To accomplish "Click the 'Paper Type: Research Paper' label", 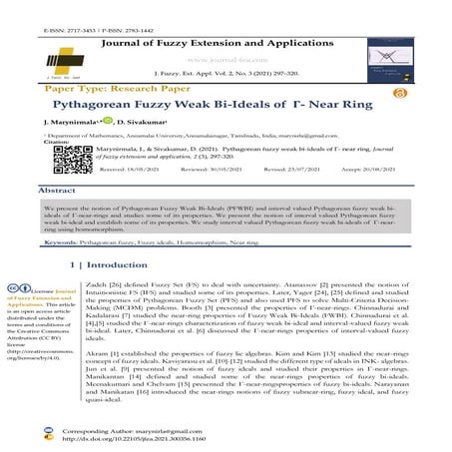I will click(x=102, y=85).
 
